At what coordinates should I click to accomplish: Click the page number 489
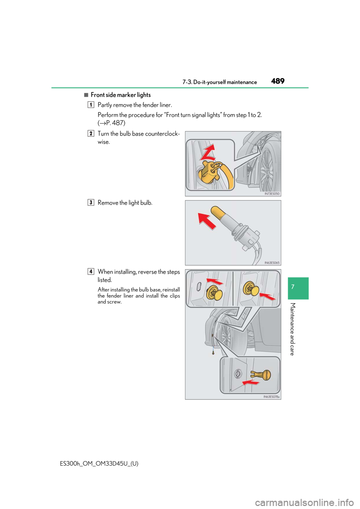pyautogui.click(x=278, y=81)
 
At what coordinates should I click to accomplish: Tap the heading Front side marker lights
pyautogui.click(x=120, y=95)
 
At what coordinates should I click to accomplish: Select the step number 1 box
pyautogui.click(x=91, y=105)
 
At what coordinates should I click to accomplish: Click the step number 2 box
pyautogui.click(x=91, y=133)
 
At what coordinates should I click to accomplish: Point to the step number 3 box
pyautogui.click(x=91, y=202)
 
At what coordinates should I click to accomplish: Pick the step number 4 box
pyautogui.click(x=91, y=271)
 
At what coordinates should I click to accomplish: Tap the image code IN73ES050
pyautogui.click(x=272, y=194)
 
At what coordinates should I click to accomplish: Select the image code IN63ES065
pyautogui.click(x=272, y=263)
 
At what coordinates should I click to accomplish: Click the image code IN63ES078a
pyautogui.click(x=272, y=397)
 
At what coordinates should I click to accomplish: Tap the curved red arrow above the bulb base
pyautogui.click(x=207, y=153)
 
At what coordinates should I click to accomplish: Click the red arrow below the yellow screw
pyautogui.click(x=250, y=382)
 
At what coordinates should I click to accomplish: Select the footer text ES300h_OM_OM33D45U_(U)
pyautogui.click(x=99, y=463)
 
